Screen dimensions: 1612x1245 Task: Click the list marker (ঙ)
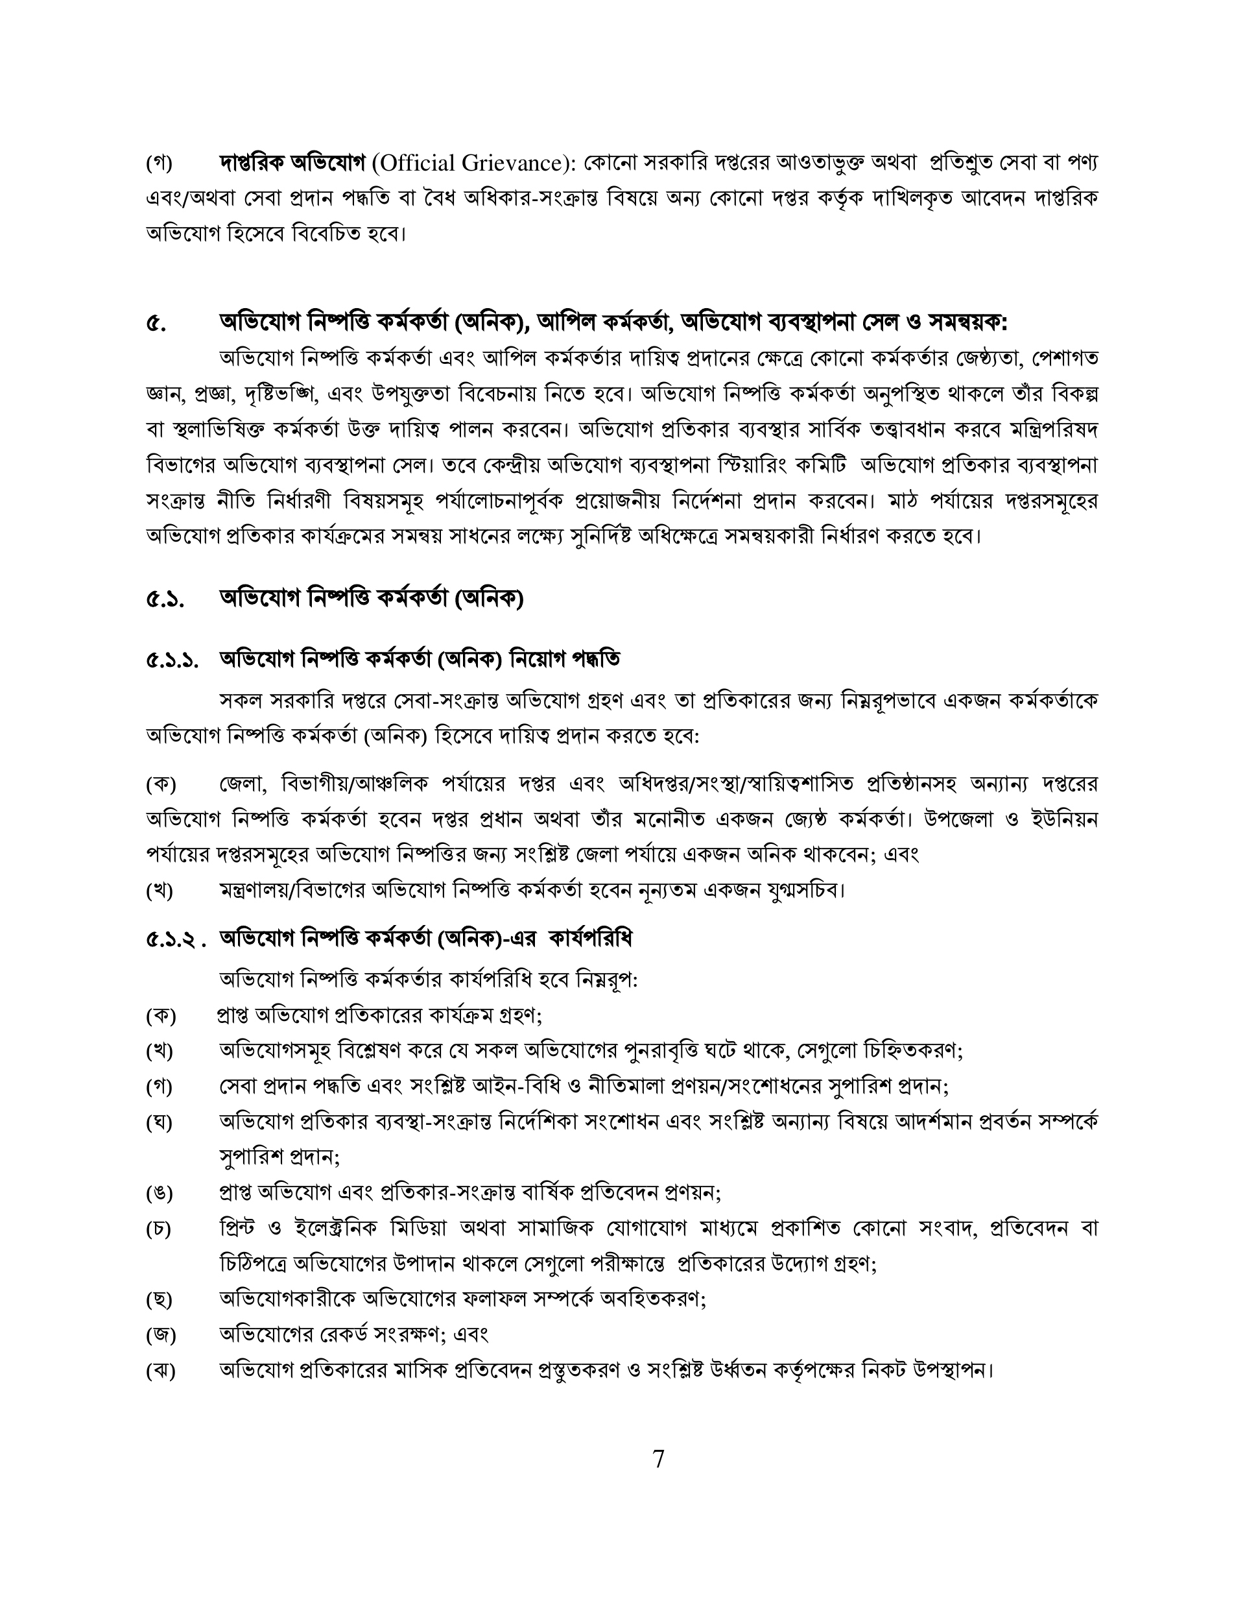160,1194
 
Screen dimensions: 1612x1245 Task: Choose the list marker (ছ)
160,1300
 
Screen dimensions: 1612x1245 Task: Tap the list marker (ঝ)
160,1371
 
